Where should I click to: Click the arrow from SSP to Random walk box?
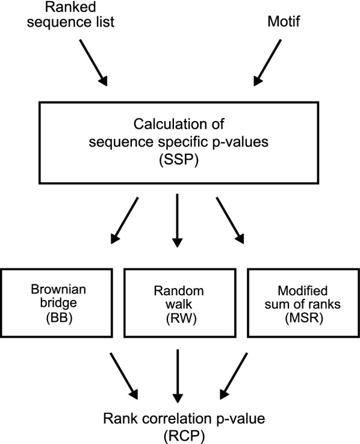[178, 220]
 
